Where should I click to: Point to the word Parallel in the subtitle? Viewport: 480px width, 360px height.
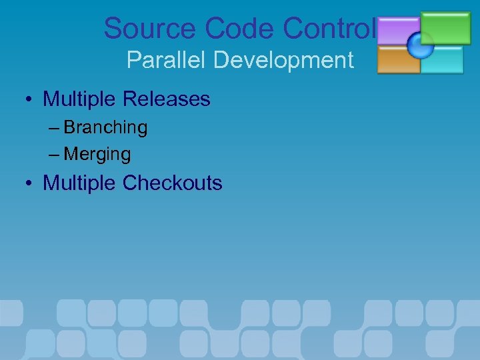point(167,61)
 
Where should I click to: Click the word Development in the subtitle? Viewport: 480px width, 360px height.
point(283,61)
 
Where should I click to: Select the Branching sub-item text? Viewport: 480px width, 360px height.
point(105,127)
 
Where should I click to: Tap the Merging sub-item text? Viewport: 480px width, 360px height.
point(97,155)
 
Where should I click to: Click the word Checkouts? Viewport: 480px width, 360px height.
point(172,183)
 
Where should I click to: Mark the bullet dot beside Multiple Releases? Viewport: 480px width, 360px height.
point(31,101)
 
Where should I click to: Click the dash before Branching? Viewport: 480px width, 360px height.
point(54,127)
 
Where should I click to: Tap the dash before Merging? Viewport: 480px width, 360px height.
point(54,155)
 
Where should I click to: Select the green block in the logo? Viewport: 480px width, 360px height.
point(446,27)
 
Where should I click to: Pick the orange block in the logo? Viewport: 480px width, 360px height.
point(397,61)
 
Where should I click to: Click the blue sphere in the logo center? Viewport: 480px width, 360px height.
point(421,45)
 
